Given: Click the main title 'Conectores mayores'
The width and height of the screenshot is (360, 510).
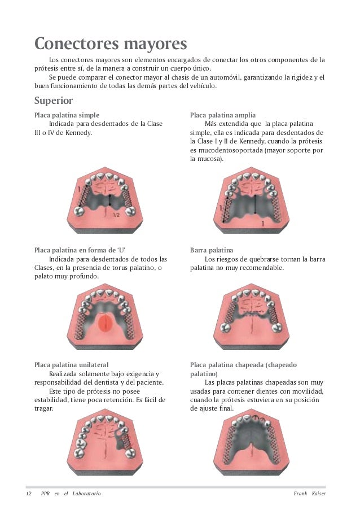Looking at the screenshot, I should tap(110, 43).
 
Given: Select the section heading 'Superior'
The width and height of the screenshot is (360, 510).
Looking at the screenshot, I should tap(54, 101).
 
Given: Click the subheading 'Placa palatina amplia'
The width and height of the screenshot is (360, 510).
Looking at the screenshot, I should tap(223, 115).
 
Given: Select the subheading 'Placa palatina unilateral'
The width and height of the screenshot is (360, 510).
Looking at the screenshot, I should tap(71, 364).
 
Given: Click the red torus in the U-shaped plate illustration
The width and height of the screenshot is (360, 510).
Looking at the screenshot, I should tap(105, 323).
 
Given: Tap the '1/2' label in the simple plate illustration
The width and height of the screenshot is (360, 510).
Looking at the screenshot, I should tap(116, 215).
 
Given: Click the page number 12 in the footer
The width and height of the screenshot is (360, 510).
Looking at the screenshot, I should tap(28, 494).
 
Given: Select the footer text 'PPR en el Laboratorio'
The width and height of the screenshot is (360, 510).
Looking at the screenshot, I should tap(71, 494).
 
